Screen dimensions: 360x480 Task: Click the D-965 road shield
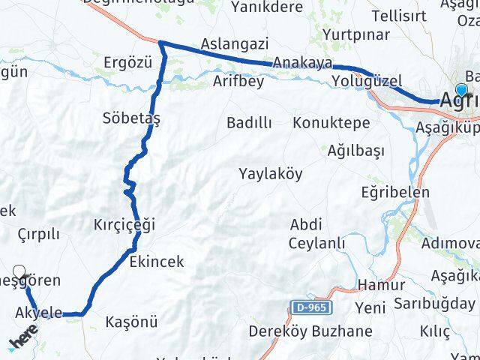pyautogui.click(x=310, y=308)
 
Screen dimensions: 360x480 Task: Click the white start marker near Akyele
pyautogui.click(x=19, y=273)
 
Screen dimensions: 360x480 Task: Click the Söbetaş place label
pyautogui.click(x=132, y=118)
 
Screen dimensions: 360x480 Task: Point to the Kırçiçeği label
pyautogui.click(x=124, y=223)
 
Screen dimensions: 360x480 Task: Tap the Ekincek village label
pyautogui.click(x=156, y=262)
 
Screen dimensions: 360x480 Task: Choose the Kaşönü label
pyautogui.click(x=132, y=322)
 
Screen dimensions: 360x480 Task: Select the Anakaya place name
pyautogui.click(x=298, y=62)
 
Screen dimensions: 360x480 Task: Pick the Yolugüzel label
pyautogui.click(x=367, y=80)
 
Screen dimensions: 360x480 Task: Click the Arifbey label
pyautogui.click(x=238, y=81)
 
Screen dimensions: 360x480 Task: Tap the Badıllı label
pyautogui.click(x=249, y=122)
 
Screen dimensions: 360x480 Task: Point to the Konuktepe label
pyautogui.click(x=331, y=122)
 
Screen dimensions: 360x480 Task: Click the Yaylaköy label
pyautogui.click(x=271, y=174)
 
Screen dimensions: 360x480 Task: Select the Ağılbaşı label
pyautogui.click(x=355, y=151)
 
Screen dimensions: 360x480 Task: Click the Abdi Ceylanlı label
pyautogui.click(x=317, y=233)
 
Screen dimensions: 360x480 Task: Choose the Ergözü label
pyautogui.click(x=129, y=61)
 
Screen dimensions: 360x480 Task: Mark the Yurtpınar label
pyautogui.click(x=356, y=34)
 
